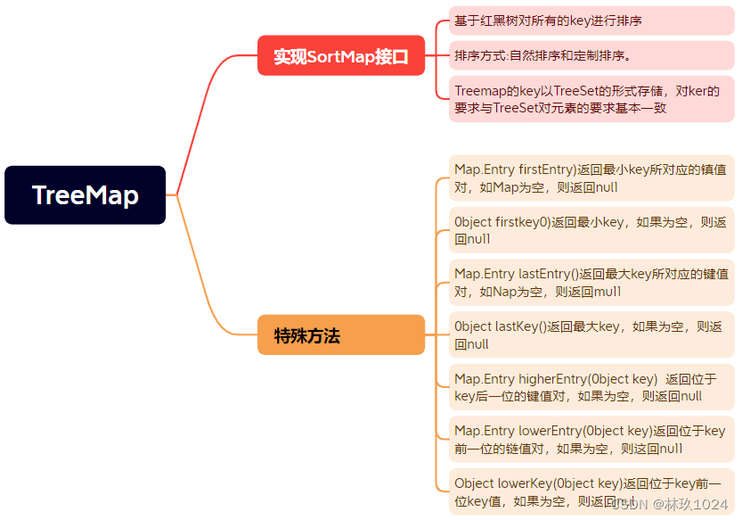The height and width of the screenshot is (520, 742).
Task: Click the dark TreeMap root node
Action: click(x=85, y=194)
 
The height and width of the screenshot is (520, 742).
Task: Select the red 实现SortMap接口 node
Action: click(x=340, y=56)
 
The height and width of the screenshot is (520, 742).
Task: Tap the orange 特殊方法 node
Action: click(x=340, y=335)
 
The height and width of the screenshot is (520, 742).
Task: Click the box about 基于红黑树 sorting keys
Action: click(x=591, y=20)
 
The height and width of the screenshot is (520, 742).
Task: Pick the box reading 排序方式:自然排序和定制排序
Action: click(x=591, y=55)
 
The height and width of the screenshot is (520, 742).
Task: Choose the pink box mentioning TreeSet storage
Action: click(x=591, y=98)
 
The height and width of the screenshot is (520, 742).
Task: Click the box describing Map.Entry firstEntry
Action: click(x=591, y=177)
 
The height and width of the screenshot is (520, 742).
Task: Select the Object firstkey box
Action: click(x=591, y=230)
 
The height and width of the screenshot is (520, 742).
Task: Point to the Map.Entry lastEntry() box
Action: click(x=591, y=282)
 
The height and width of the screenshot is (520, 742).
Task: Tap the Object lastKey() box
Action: click(x=591, y=334)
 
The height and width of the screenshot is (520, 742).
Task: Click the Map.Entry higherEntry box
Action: click(x=591, y=387)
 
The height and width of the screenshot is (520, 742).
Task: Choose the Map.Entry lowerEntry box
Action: click(x=591, y=439)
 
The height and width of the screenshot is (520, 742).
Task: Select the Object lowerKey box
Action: click(x=591, y=491)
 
